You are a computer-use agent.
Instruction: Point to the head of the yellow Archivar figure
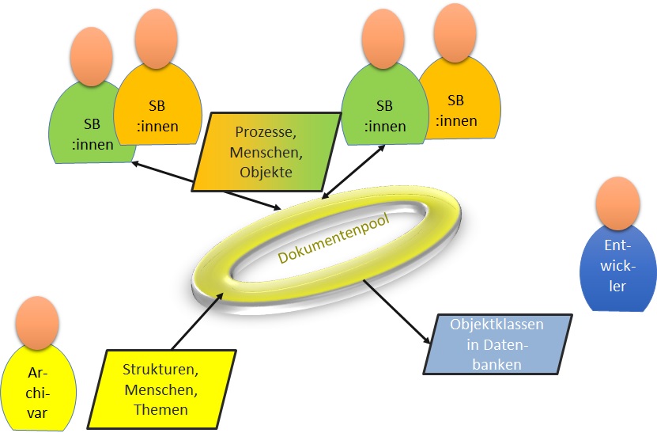pos(37,322)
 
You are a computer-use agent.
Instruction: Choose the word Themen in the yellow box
pos(161,409)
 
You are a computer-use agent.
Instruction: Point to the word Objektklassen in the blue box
pos(494,325)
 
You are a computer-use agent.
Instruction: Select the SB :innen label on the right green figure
pos(384,116)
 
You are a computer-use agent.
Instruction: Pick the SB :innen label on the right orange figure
pos(456,111)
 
